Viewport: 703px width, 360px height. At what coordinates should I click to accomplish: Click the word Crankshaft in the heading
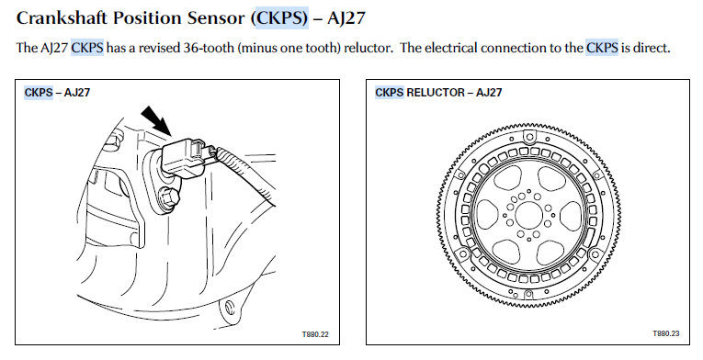(x=62, y=18)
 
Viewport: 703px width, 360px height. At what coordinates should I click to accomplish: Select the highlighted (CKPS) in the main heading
(x=282, y=18)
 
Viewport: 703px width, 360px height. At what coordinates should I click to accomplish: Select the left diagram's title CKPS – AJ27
(x=57, y=93)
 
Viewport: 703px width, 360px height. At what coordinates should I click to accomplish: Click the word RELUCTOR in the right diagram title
(x=436, y=93)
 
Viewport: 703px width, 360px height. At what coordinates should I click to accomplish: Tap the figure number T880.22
(x=315, y=334)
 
